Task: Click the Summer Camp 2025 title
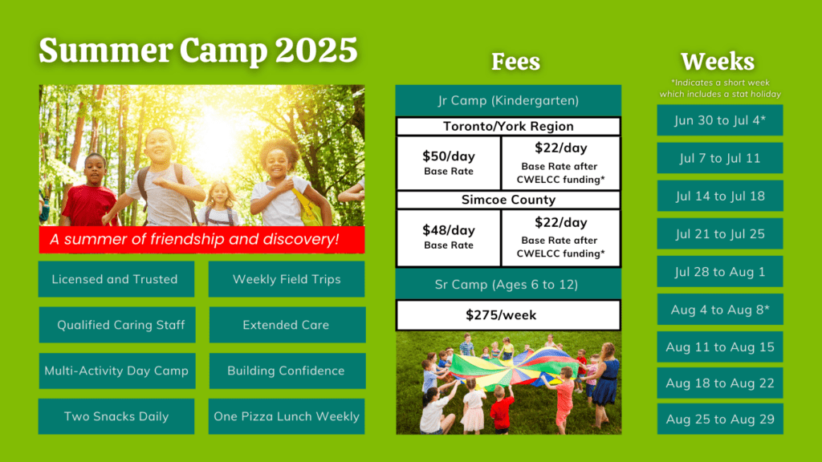pos(197,51)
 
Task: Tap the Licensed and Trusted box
pos(115,279)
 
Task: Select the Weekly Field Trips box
pos(287,279)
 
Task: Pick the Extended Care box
pos(287,325)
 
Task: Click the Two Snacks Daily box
pos(116,416)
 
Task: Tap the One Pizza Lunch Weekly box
pos(287,416)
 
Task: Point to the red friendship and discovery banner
pos(201,239)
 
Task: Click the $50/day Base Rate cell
pos(449,163)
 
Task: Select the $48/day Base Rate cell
pos(449,237)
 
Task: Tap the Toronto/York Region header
pos(508,127)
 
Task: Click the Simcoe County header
pos(508,200)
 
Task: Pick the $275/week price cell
pos(508,315)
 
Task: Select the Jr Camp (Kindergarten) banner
pos(508,101)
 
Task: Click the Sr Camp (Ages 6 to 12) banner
pos(508,284)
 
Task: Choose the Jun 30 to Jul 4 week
pos(720,120)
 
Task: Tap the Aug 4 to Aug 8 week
pos(720,310)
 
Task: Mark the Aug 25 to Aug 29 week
pos(720,419)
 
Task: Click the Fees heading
pos(515,62)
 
